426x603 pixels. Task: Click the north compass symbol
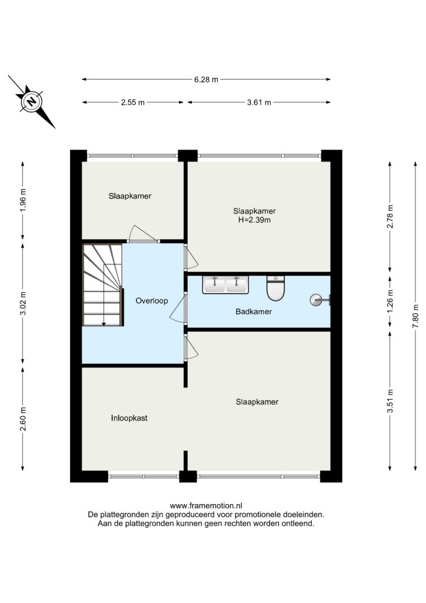[x=32, y=101]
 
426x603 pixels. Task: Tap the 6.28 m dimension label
[x=206, y=79]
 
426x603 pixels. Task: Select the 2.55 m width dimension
[x=133, y=102]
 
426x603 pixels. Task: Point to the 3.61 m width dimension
[x=259, y=102]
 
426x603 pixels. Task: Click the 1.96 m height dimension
[x=23, y=200]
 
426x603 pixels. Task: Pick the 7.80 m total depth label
[x=415, y=316]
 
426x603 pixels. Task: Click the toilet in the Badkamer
[x=275, y=287]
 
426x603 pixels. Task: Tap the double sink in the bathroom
[x=225, y=284]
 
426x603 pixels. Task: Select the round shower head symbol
[x=316, y=300]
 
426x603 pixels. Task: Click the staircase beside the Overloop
[x=102, y=285]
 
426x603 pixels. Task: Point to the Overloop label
[x=152, y=301]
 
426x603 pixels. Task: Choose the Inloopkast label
[x=129, y=418]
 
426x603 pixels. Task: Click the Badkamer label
[x=254, y=312]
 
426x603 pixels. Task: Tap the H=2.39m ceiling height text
[x=254, y=220]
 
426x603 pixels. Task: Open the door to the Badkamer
[x=178, y=307]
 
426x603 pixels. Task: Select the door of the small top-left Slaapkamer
[x=143, y=234]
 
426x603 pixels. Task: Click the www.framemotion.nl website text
[x=206, y=506]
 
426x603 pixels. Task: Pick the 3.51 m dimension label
[x=390, y=400]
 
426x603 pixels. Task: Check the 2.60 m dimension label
[x=23, y=419]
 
